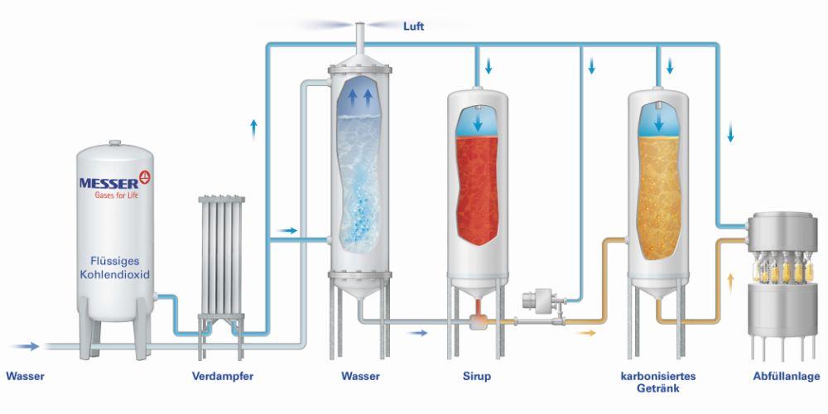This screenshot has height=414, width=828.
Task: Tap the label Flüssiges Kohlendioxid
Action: coord(114,267)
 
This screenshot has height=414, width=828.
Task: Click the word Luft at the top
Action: coord(413,26)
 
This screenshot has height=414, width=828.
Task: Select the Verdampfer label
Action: coord(223,377)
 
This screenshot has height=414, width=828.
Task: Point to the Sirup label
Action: coord(477,377)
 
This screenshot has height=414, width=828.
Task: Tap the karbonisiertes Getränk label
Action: coord(658,382)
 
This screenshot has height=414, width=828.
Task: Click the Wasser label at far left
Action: coord(26,377)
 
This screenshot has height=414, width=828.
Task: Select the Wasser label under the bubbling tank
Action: coord(360,377)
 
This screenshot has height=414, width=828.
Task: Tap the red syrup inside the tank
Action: coord(478,190)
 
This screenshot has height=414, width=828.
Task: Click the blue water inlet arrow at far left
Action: coord(25,345)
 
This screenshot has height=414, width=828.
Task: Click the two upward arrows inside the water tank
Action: coord(359,98)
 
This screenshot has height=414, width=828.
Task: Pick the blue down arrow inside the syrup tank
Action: coord(478,123)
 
